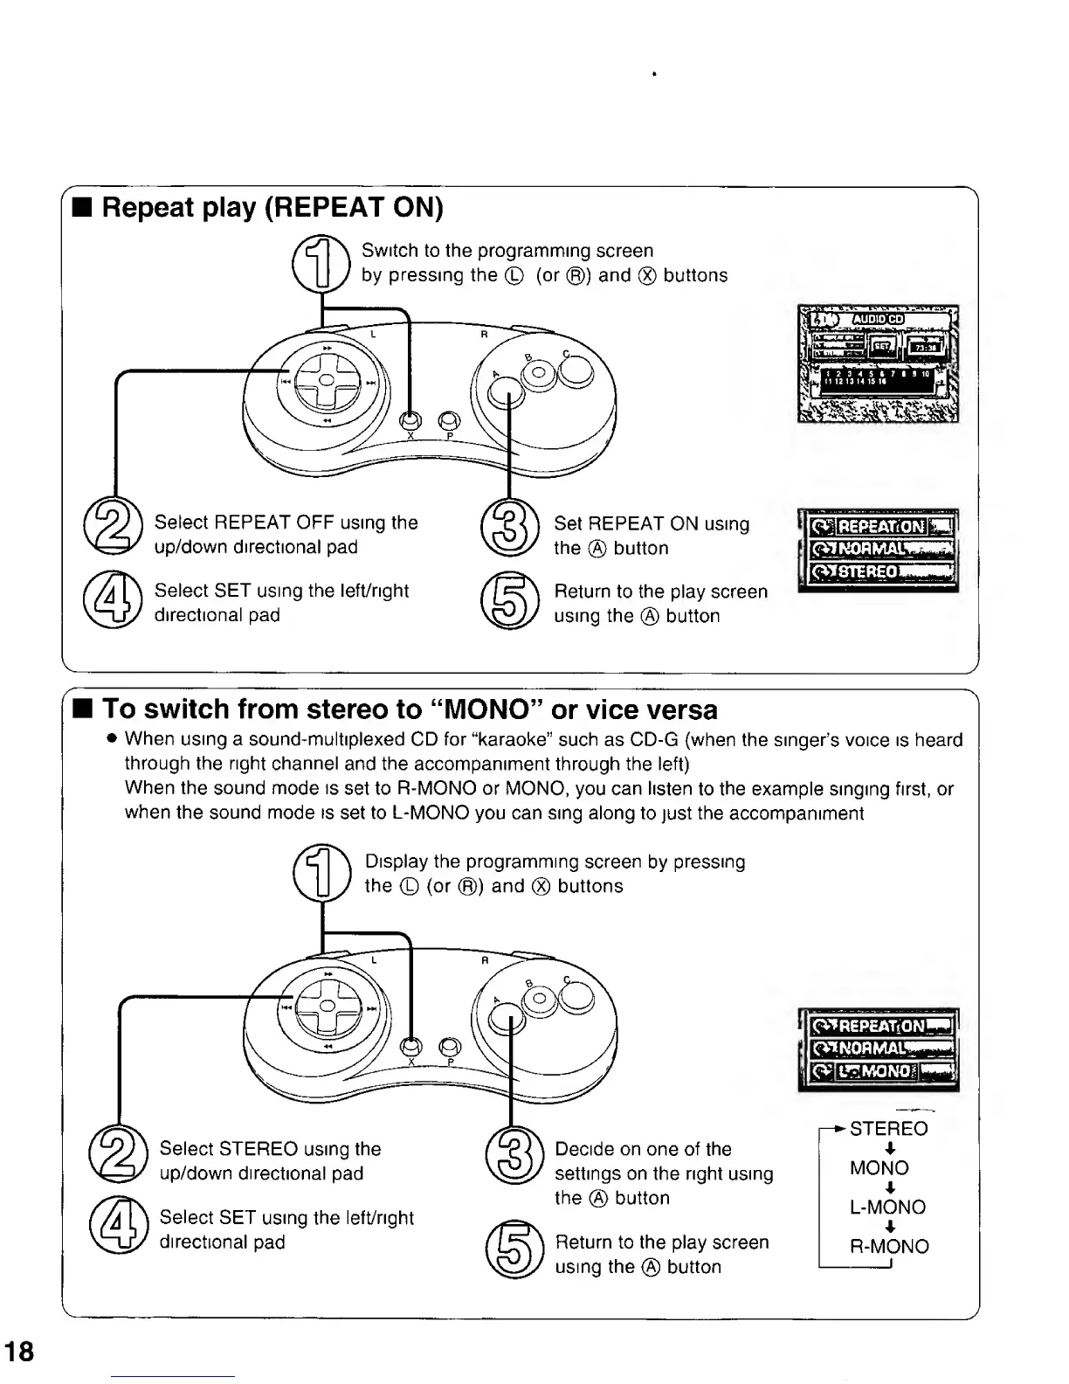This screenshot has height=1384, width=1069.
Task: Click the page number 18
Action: [x=19, y=1352]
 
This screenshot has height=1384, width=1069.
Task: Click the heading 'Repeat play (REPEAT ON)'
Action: [x=272, y=208]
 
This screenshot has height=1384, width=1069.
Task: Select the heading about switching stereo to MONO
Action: [x=410, y=709]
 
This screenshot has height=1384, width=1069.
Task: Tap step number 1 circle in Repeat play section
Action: [x=320, y=263]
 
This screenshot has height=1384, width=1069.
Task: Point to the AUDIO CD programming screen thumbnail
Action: [x=878, y=363]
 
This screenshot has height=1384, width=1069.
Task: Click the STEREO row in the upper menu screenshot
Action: [x=879, y=572]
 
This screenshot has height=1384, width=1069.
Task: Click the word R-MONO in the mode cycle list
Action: [x=889, y=1246]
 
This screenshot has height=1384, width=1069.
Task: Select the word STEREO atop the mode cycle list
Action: [x=888, y=1128]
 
